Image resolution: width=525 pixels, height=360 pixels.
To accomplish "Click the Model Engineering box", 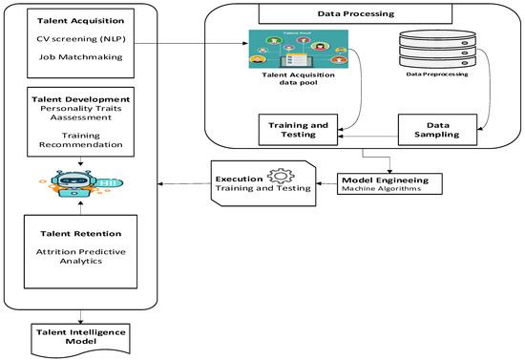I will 384,181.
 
